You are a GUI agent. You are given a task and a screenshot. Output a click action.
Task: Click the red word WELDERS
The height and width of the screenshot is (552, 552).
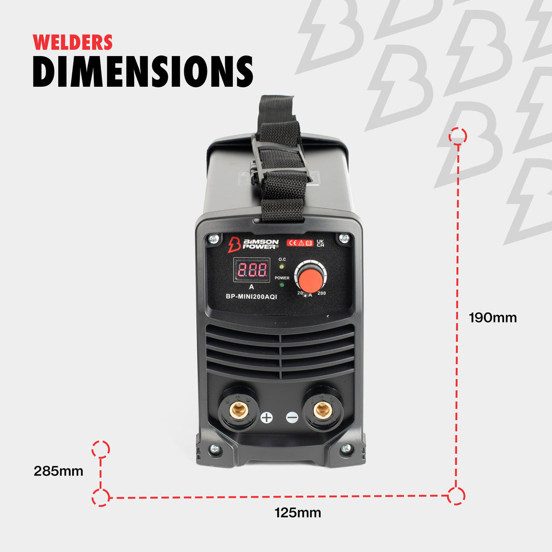pos(73,42)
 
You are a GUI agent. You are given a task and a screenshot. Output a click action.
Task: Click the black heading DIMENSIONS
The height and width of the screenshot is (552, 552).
pos(143,72)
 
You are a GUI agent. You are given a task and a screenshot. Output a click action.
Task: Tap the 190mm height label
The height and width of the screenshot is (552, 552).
pos(493,318)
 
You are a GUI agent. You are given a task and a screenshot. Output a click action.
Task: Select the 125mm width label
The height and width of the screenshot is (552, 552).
pos(298,513)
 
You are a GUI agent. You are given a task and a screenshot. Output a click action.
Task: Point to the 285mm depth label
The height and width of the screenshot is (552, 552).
pos(58,471)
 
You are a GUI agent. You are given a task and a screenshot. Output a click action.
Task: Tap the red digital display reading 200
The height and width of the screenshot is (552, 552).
pos(252,270)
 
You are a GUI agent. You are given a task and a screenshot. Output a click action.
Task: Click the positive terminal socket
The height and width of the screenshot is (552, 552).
pos(239,409)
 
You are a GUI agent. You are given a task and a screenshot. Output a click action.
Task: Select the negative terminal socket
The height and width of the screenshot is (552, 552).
pos(322,409)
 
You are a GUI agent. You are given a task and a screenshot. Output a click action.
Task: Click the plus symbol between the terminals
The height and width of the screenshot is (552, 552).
pos(266,418)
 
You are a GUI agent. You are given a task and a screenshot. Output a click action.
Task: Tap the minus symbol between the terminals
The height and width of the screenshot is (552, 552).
pos(292,418)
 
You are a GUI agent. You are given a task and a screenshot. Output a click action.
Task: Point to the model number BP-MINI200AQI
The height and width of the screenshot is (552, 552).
pos(251,296)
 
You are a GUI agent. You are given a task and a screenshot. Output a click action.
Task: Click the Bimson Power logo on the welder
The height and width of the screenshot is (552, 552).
pos(253,244)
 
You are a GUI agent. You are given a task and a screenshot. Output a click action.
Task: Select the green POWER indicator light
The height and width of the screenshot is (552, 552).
pos(281,285)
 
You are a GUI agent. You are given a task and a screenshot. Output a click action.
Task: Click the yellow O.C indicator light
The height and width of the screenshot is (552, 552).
pos(281,266)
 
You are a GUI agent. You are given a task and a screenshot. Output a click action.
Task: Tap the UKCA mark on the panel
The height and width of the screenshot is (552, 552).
pos(320,243)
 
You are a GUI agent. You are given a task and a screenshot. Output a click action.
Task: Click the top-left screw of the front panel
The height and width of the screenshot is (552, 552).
pos(213,239)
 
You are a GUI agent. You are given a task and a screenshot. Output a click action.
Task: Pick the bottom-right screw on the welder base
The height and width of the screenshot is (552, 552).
pos(347,448)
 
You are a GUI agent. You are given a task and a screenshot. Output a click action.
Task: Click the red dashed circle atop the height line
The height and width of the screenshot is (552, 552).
pos(458,136)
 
